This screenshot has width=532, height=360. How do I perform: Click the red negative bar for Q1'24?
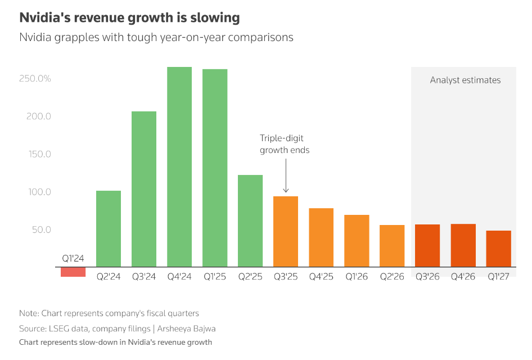coord(73,272)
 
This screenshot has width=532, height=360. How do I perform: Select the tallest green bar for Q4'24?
coord(179,166)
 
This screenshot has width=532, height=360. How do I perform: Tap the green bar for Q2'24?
coord(109,228)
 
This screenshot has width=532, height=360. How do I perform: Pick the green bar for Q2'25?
coord(250,220)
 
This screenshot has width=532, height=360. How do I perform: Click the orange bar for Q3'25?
coord(286,231)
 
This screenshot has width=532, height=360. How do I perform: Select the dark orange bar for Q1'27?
coord(498,249)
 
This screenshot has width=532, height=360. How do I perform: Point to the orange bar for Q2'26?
coord(392,246)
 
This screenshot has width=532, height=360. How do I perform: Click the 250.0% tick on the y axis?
coord(35,79)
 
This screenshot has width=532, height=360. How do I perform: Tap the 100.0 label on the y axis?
coord(39,192)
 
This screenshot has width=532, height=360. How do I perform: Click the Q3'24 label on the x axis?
coord(144,277)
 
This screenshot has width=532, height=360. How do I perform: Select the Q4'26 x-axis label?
coord(463,277)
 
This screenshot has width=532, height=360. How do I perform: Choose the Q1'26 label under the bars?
coord(357,277)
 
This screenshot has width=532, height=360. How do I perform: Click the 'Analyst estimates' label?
coord(465,80)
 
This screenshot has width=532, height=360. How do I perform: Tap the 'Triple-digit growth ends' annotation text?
coord(285,144)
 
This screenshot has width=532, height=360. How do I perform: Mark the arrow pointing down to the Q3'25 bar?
coord(286,175)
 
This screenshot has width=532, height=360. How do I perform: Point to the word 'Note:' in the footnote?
coord(29,313)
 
